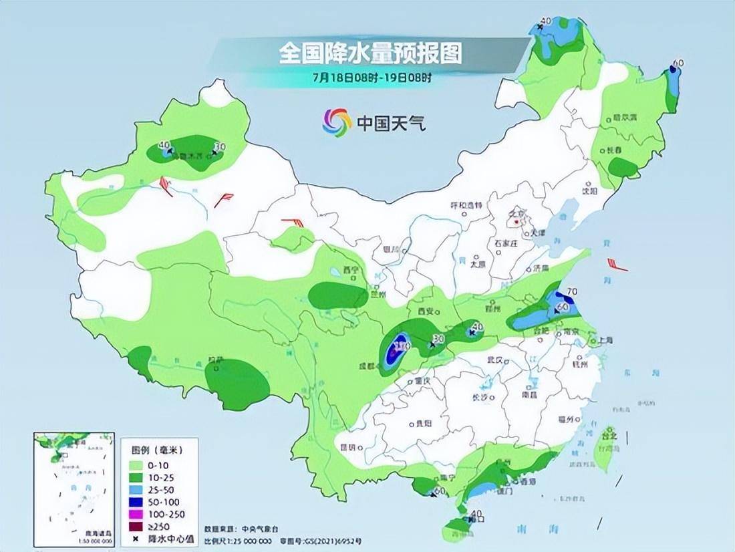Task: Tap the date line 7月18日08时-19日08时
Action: coord(371,76)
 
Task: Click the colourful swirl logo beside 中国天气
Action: coord(337,122)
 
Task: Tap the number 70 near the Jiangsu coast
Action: coord(571,291)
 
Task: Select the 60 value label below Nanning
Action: coord(439,492)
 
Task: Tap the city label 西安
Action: coord(426,311)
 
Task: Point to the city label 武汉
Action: coord(495,360)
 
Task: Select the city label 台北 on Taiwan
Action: coord(609,436)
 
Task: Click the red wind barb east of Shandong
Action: coord(616,265)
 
